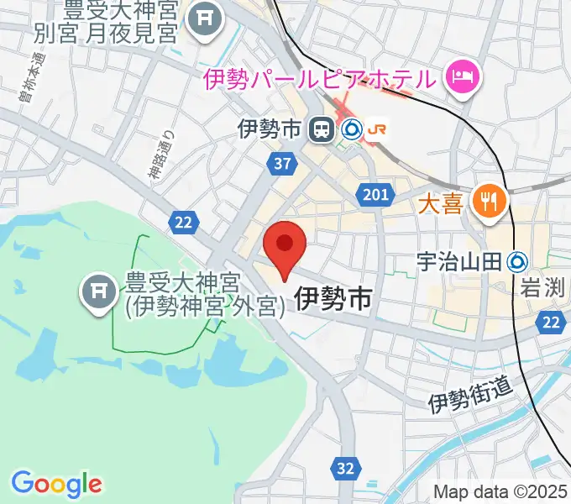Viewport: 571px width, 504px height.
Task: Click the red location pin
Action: point(285,245)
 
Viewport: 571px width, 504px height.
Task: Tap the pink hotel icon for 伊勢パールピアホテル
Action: point(460,78)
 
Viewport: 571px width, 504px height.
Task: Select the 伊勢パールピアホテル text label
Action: point(320,80)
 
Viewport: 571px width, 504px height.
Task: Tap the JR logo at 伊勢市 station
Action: point(379,129)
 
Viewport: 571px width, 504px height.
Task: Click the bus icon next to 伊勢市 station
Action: point(320,129)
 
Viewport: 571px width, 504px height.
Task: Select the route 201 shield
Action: point(377,196)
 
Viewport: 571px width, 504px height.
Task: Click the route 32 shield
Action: point(345,469)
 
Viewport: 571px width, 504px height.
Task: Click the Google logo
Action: point(56,484)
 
